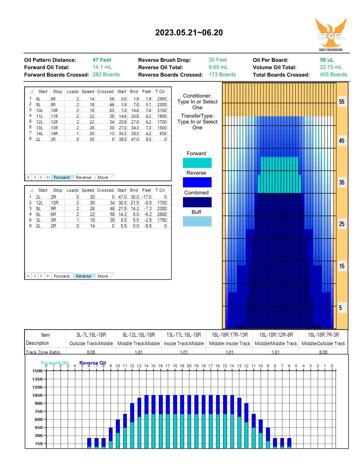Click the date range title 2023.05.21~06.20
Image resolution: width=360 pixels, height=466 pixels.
[x=189, y=33]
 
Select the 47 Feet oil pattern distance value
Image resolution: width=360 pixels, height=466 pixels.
[x=102, y=60]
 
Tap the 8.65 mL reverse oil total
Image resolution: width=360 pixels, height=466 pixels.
[x=218, y=67]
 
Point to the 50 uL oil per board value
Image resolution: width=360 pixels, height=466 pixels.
[x=327, y=60]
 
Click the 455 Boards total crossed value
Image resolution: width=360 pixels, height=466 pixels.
[x=333, y=75]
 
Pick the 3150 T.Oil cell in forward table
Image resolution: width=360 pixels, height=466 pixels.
[x=162, y=110]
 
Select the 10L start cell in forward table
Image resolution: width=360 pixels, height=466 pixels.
[x=39, y=110]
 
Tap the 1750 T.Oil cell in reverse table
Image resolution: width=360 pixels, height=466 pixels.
[x=162, y=220]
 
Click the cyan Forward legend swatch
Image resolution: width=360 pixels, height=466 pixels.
[x=197, y=163]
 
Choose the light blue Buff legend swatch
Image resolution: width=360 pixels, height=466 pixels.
[x=197, y=222]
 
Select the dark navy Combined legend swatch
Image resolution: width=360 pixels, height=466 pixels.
[x=197, y=202]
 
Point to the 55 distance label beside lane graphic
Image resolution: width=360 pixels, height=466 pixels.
[x=342, y=102]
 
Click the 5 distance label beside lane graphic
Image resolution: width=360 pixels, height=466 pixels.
[x=341, y=308]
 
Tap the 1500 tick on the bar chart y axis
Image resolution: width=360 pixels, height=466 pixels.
[x=37, y=371]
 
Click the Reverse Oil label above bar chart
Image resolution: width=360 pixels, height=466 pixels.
[x=93, y=363]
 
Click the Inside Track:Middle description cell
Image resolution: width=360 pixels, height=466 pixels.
[x=184, y=344]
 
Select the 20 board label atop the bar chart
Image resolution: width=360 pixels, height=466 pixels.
[x=189, y=366]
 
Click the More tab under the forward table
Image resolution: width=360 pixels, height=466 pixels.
[x=103, y=178]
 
